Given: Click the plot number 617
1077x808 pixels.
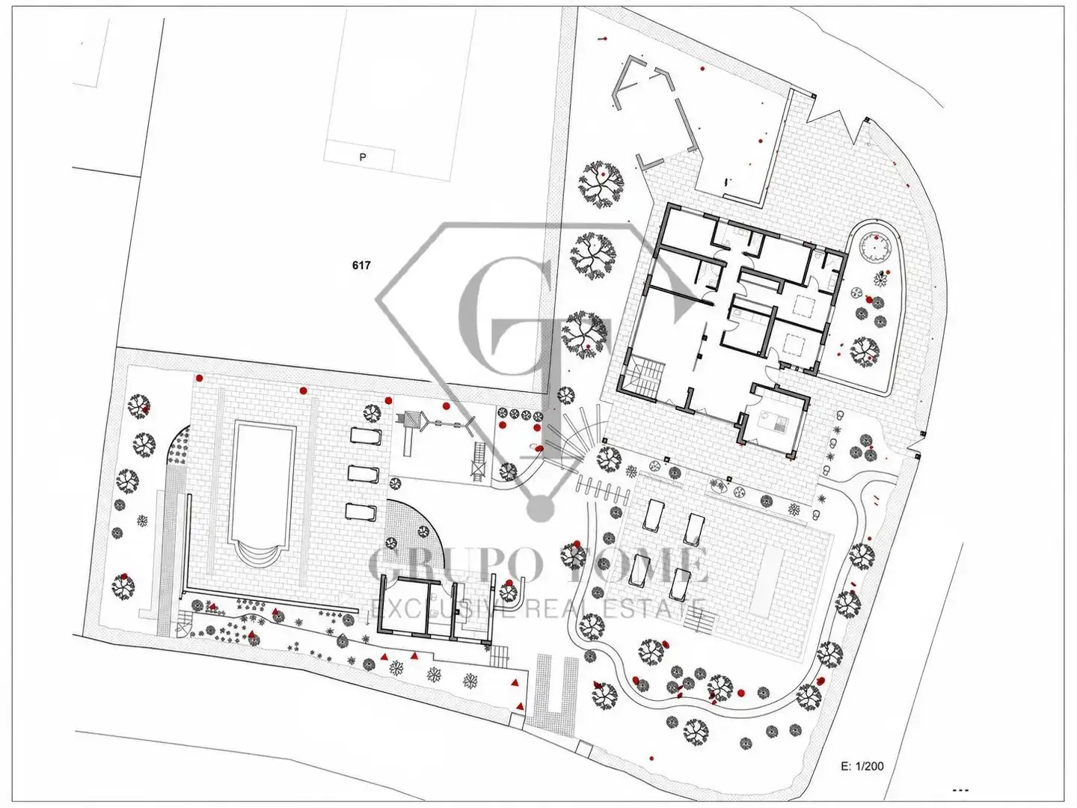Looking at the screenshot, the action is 361,266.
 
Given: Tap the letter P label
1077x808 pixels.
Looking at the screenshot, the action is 363,157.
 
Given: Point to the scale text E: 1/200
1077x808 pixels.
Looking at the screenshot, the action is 862,766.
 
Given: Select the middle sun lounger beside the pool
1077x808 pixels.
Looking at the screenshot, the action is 363,474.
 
